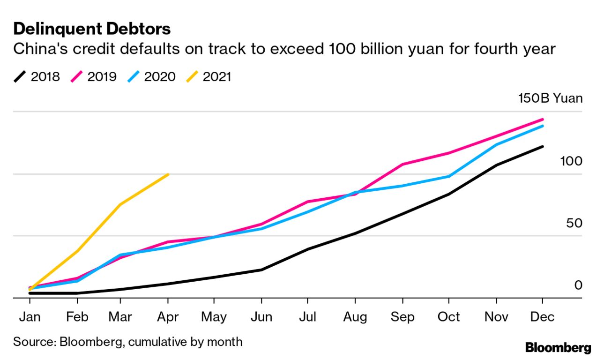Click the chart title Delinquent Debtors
92,29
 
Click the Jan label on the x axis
30,317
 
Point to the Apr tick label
168,317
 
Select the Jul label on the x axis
307,317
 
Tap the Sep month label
403,317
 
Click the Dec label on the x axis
542,317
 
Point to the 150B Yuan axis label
550,98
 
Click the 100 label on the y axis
571,161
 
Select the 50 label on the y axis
574,223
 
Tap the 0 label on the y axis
578,285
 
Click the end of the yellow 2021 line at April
168,174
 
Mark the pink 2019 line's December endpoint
542,120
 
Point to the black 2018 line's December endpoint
542,146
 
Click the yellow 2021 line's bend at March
121,204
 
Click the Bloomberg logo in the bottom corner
558,348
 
